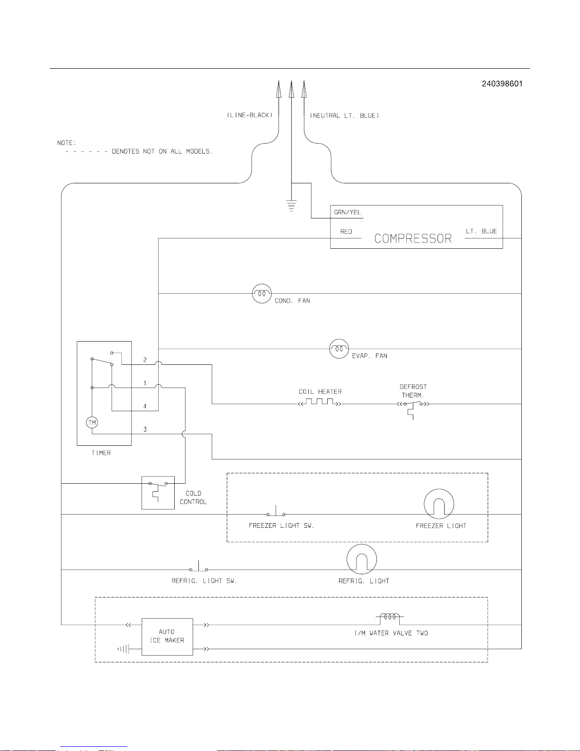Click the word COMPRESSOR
click(413, 238)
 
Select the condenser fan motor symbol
click(262, 293)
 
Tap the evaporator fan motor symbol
click(339, 349)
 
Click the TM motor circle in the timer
click(92, 422)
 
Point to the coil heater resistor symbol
click(320, 402)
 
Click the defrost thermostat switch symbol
click(413, 408)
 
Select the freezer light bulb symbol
click(439, 504)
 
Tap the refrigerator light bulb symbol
click(361, 559)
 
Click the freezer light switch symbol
click(276, 511)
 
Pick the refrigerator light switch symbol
click(198, 566)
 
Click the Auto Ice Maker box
click(168, 637)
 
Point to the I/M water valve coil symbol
click(390, 619)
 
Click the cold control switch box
click(158, 493)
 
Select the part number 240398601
click(502, 84)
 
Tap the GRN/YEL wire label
click(348, 212)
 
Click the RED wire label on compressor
click(346, 232)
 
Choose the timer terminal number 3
click(145, 429)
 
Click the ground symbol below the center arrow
click(291, 205)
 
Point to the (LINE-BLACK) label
click(250, 115)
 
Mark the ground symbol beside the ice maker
click(123, 649)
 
